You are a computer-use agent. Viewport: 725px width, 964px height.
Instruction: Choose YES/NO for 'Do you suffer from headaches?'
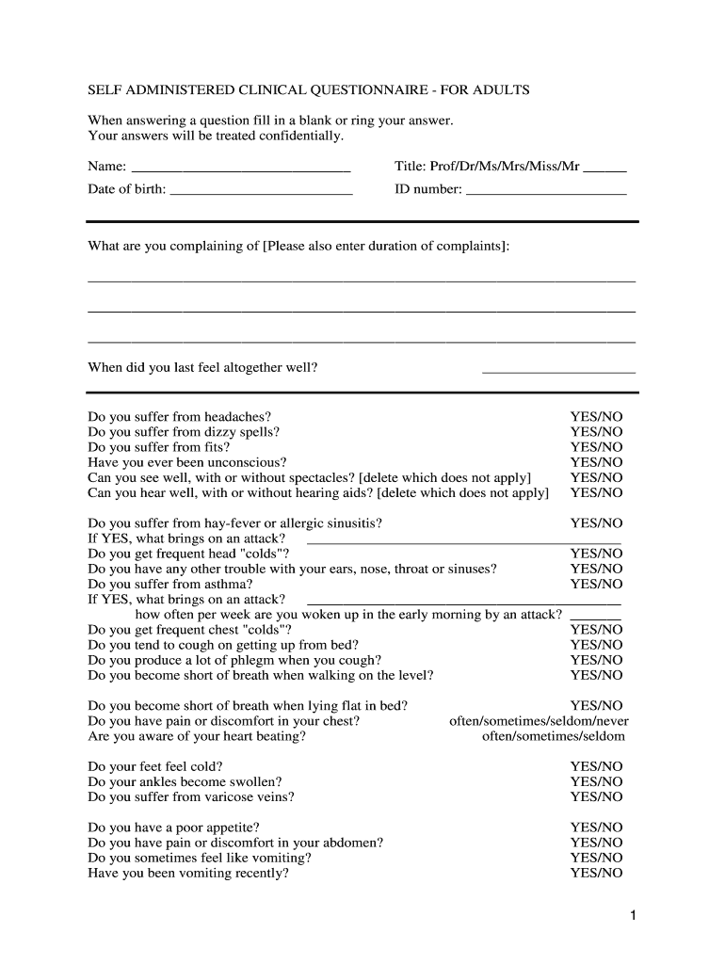596,417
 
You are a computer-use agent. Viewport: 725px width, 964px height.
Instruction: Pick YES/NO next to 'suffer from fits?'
596,447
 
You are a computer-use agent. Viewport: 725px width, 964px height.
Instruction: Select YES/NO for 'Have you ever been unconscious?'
596,462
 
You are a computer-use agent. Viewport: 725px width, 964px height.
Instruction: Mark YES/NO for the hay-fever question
596,523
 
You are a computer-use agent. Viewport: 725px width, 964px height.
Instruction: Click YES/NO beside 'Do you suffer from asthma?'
596,585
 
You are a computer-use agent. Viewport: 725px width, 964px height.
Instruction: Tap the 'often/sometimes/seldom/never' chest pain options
538,721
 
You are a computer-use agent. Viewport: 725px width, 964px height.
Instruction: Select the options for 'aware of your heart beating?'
553,736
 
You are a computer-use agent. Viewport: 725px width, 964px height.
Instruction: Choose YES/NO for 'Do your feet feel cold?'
596,767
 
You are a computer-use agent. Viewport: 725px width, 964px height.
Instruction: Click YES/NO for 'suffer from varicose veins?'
596,797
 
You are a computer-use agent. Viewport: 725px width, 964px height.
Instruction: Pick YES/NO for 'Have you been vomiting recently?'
596,874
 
